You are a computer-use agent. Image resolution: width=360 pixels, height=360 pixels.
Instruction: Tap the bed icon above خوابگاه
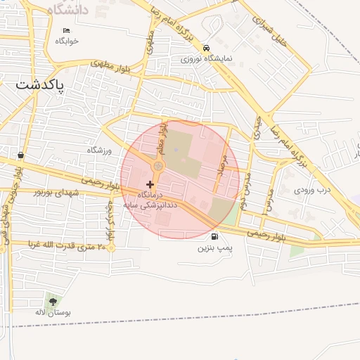click(x=67, y=30)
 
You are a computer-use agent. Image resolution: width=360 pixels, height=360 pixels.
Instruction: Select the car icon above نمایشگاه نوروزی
click(x=206, y=48)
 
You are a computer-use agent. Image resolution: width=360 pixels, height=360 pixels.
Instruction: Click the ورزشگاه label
click(x=99, y=150)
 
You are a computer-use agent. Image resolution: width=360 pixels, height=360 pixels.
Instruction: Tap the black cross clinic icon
click(x=150, y=184)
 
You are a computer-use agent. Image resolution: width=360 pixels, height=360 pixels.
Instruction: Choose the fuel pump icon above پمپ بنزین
click(x=214, y=236)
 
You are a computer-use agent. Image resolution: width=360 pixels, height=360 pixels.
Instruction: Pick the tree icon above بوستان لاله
click(x=53, y=301)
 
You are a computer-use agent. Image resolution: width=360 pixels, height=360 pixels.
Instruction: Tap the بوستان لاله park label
click(x=53, y=311)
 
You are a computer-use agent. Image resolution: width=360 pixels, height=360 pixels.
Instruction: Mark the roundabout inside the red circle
click(x=159, y=166)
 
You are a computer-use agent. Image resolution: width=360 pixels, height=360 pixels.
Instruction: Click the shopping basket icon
click(x=20, y=155)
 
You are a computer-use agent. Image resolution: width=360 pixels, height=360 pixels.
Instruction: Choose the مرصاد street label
click(x=224, y=167)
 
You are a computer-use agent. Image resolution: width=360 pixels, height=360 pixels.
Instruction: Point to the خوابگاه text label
click(x=67, y=41)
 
